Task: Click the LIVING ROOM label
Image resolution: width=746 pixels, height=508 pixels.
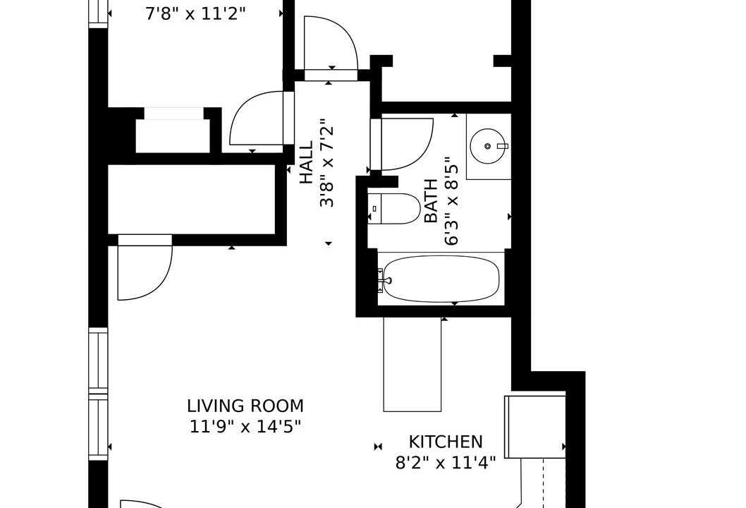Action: (245, 406)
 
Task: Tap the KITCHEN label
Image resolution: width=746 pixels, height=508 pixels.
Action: (446, 442)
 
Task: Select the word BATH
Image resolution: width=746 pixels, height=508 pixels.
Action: (431, 200)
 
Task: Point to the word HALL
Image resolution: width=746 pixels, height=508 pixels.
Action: (307, 162)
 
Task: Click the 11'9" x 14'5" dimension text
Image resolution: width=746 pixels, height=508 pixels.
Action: (245, 426)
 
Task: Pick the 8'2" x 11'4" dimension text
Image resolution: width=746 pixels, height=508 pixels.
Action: (446, 462)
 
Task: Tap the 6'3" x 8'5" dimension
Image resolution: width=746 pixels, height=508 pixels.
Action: (451, 204)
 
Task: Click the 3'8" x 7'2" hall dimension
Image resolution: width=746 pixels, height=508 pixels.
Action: (327, 163)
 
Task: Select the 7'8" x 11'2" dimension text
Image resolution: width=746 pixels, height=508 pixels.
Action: (195, 14)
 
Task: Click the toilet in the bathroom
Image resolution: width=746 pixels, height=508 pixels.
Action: (394, 209)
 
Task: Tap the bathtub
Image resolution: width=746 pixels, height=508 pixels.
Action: (441, 279)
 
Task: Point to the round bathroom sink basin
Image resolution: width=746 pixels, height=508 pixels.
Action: (487, 146)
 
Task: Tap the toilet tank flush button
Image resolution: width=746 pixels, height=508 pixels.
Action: (374, 209)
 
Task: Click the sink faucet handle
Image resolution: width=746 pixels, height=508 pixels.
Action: (503, 146)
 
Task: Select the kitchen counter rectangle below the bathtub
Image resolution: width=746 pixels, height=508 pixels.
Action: (412, 364)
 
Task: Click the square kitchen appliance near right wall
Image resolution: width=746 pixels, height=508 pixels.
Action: (535, 427)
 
